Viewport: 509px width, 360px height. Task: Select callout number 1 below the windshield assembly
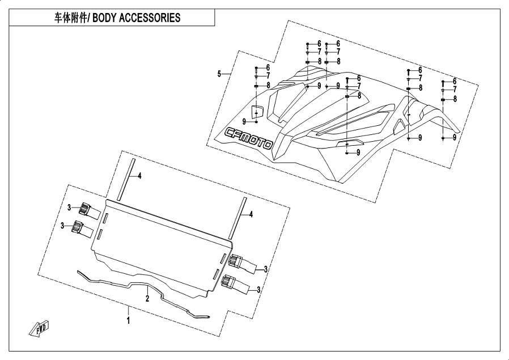pyautogui.click(x=129, y=321)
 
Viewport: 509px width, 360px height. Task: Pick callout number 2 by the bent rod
pyautogui.click(x=147, y=298)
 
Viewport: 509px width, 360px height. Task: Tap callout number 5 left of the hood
pyautogui.click(x=219, y=74)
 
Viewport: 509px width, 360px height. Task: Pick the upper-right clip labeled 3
pyautogui.click(x=237, y=261)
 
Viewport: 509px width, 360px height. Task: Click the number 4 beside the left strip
pyautogui.click(x=139, y=176)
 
